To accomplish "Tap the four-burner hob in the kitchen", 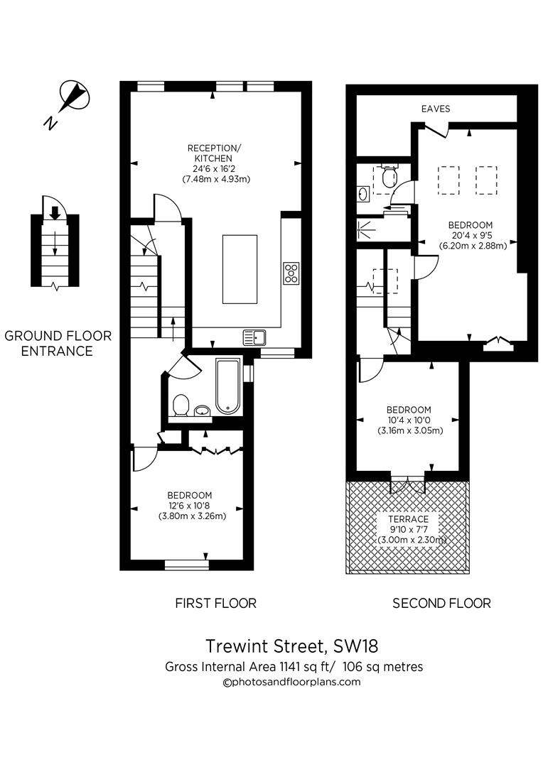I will pos(291,273).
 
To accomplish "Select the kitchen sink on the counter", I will pos(254,337).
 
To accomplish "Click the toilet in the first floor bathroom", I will pos(181,406).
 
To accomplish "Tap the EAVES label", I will pos(436,109).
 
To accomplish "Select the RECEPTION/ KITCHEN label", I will pos(214,153).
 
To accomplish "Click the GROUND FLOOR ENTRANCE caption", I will pos(58,343).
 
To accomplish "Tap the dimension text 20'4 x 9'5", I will pos(472,236).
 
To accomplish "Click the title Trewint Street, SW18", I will pos(291,646).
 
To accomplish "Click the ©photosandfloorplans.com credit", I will pos(291,682).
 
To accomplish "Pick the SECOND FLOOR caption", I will pos(441,604).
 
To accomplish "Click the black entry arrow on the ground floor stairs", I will pos(54,212).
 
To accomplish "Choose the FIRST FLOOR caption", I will pos(215,604).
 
